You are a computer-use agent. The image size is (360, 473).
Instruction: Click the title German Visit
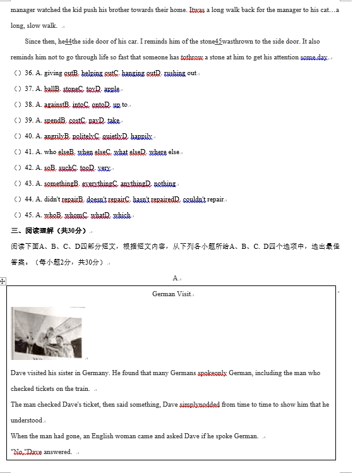(x=172, y=294)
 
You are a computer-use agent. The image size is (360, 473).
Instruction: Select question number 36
(x=28, y=73)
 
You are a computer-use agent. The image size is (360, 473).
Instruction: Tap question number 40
(x=28, y=136)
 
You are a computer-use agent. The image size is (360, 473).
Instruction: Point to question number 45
(x=28, y=215)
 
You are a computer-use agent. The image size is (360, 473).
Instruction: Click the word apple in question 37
(x=111, y=89)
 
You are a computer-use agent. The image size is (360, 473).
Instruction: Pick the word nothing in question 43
(x=165, y=184)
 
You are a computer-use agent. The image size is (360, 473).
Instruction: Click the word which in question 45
(x=122, y=215)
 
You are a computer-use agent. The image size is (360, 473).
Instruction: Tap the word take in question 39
(x=113, y=121)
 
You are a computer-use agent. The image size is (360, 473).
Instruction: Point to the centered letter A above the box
(x=175, y=278)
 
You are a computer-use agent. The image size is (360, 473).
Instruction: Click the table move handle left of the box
(x=3, y=281)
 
